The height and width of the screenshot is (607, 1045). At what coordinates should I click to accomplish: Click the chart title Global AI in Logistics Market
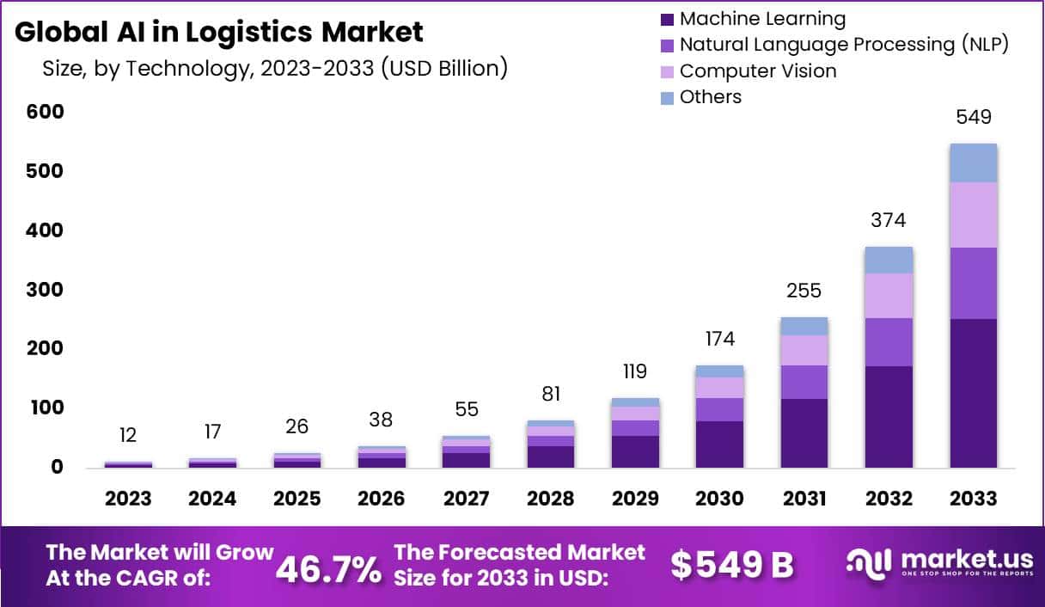point(219,32)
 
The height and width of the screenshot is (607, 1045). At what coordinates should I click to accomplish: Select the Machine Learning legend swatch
point(668,19)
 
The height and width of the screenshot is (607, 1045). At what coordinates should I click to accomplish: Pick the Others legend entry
point(710,97)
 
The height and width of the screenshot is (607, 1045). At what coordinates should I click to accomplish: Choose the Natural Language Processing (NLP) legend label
point(843,45)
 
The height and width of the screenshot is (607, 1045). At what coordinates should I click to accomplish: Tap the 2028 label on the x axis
point(551,499)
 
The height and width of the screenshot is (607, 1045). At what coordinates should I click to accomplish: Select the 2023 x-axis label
point(128,499)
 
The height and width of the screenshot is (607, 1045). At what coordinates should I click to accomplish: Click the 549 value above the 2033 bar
point(974,116)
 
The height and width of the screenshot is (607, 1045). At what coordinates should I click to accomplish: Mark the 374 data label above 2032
point(889,220)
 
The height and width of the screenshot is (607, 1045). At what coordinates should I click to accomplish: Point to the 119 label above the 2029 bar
point(635,371)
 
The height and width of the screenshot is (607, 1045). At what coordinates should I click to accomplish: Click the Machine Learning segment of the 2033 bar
point(974,393)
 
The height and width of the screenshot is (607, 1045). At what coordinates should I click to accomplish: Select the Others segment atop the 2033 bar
point(974,162)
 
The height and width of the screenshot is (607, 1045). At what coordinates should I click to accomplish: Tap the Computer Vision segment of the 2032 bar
point(889,296)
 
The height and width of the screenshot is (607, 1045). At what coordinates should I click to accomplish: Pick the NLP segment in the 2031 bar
point(804,382)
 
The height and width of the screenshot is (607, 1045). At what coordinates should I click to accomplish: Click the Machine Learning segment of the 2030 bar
point(719,444)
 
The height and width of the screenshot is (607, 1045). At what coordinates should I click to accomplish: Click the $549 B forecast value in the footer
point(732,565)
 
